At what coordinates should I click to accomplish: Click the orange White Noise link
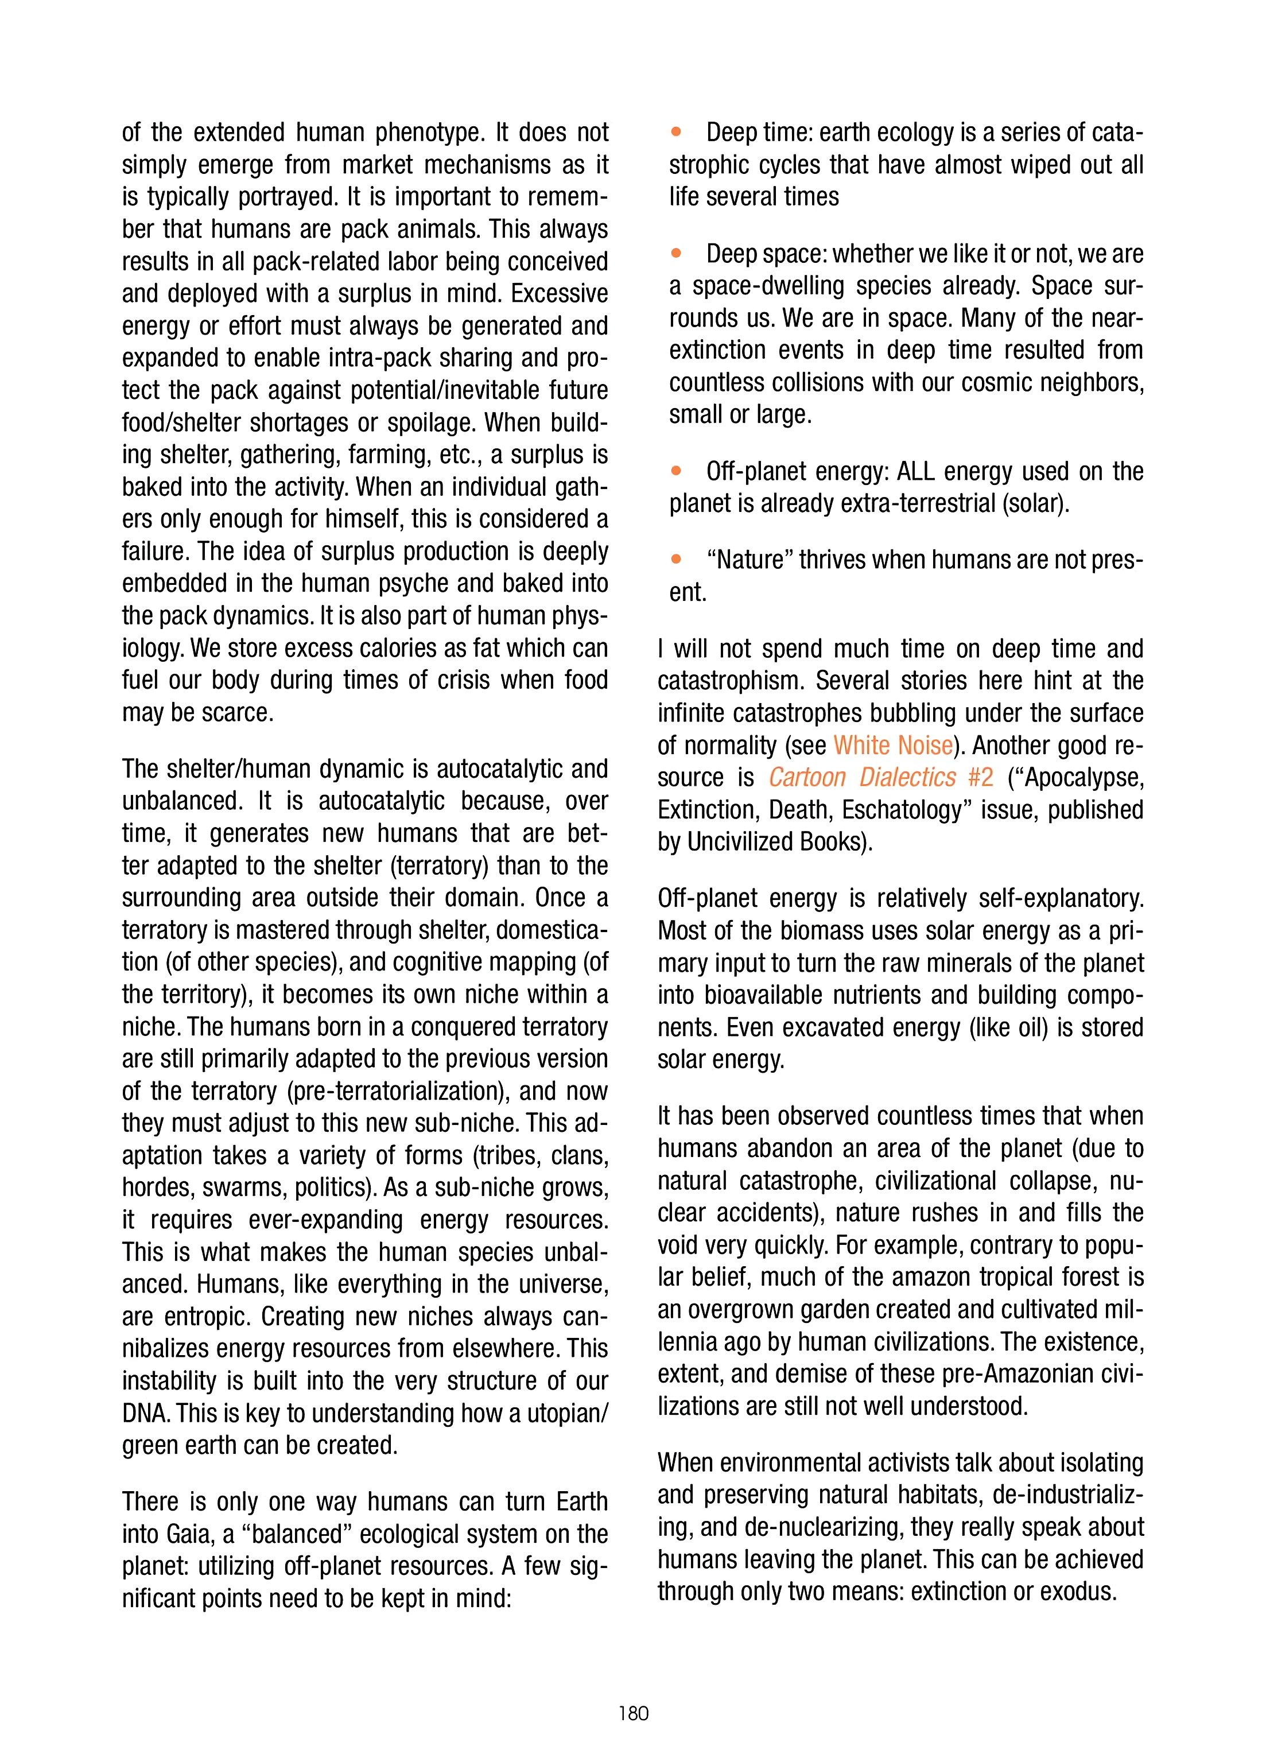[x=892, y=745]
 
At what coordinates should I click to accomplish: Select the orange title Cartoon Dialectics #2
[x=881, y=777]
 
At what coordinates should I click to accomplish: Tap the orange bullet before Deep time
[x=677, y=132]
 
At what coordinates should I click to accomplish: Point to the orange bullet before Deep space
[x=677, y=253]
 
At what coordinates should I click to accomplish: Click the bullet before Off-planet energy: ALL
[x=677, y=470]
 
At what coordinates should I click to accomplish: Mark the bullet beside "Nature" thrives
[x=677, y=559]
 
